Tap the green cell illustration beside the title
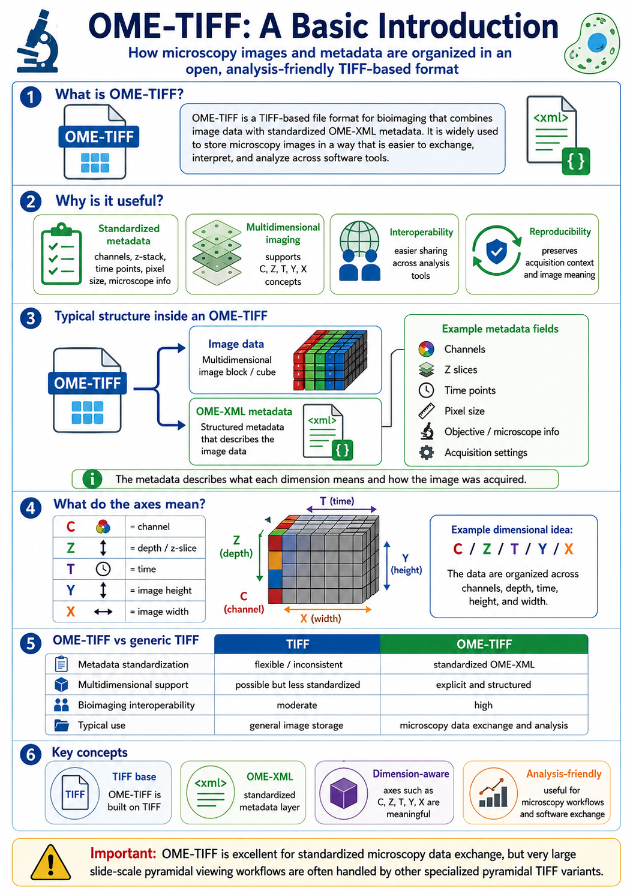click(x=592, y=44)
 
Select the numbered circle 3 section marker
click(x=31, y=318)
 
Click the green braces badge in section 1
click(x=575, y=161)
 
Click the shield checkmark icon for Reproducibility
click(x=496, y=251)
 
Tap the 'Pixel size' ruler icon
click(x=426, y=411)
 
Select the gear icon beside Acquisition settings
click(x=426, y=453)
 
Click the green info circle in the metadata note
click(x=92, y=479)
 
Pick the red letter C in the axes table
click(x=71, y=527)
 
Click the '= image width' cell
click(x=160, y=612)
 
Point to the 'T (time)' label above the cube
click(x=337, y=501)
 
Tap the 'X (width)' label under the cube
click(x=320, y=619)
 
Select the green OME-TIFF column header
click(x=484, y=644)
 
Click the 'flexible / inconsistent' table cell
click(x=298, y=664)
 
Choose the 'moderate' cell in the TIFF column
click(x=297, y=705)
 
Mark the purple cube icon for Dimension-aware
click(x=343, y=793)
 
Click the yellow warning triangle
click(x=51, y=862)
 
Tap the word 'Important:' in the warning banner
click(x=123, y=853)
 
